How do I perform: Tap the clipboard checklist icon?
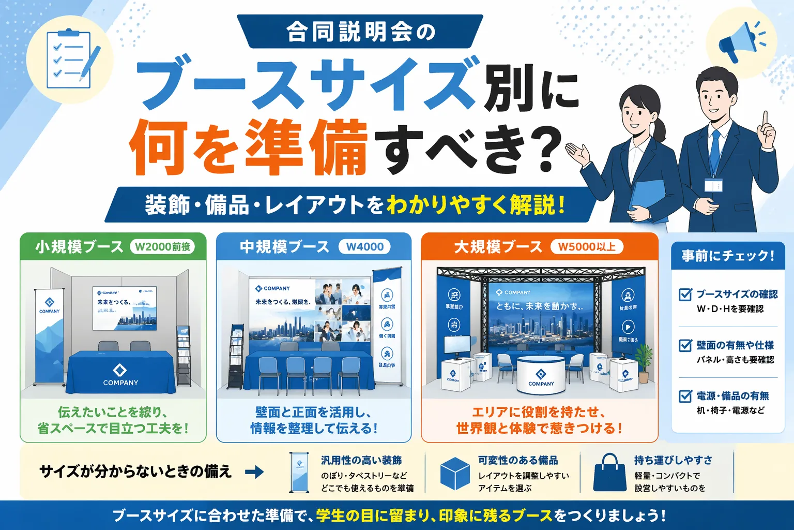(71, 60)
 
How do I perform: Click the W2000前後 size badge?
(162, 247)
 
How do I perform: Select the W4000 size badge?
(365, 247)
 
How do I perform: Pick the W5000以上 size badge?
(587, 247)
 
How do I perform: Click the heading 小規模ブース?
(80, 247)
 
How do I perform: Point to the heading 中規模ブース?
(285, 247)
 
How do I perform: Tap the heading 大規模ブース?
(498, 247)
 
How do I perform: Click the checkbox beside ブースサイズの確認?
(685, 295)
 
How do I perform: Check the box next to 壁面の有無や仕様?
(685, 345)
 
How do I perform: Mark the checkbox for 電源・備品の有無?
(685, 396)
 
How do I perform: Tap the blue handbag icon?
(610, 473)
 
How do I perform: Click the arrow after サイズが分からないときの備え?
(254, 472)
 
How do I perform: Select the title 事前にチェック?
(728, 256)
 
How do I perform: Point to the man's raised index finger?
(764, 118)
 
